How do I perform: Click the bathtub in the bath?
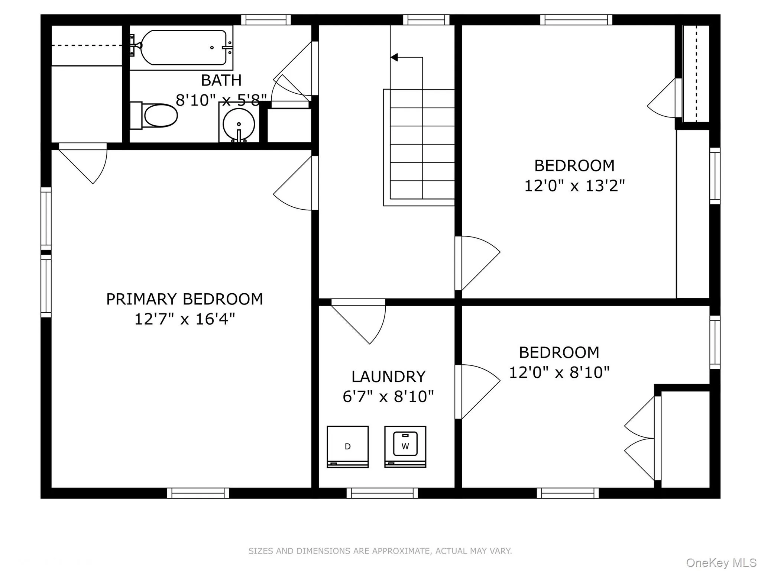click(x=183, y=48)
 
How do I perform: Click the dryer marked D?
click(x=347, y=446)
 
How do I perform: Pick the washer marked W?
click(x=405, y=446)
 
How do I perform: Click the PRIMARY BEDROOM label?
click(x=184, y=299)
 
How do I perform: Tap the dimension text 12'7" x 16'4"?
click(x=184, y=319)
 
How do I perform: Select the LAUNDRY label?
click(x=388, y=377)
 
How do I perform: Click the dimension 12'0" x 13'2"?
click(x=574, y=185)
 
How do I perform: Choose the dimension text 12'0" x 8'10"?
click(x=559, y=372)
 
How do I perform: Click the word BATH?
click(x=221, y=80)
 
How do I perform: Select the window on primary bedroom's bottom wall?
click(x=198, y=493)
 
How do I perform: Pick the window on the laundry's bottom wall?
click(x=382, y=493)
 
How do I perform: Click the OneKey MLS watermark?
click(x=721, y=563)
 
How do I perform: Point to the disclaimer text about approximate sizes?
click(x=380, y=551)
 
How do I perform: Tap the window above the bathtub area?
click(x=266, y=20)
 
